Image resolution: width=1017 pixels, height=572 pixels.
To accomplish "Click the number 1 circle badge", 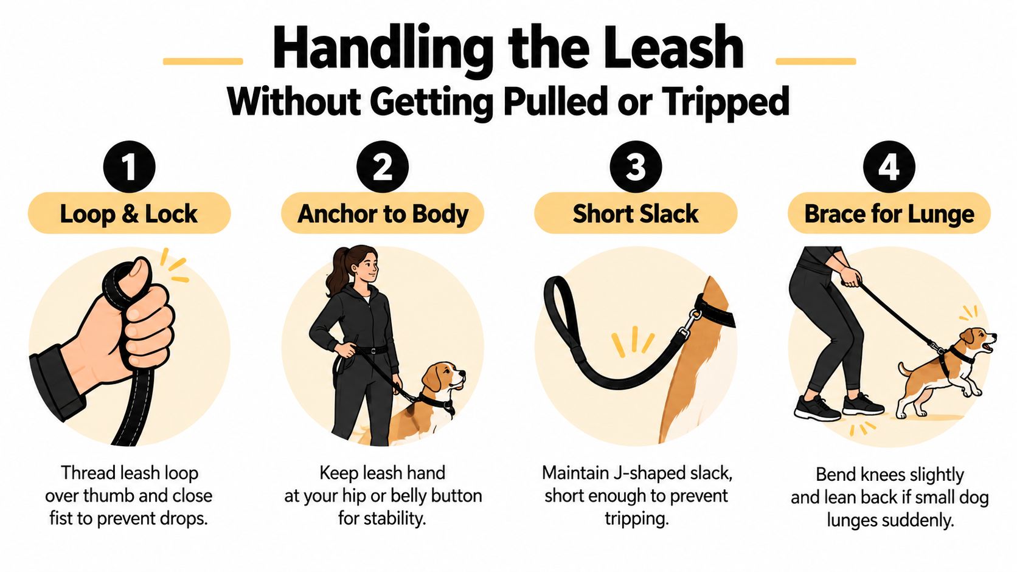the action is click(130, 167).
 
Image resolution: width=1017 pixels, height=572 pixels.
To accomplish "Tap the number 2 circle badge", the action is click(382, 167).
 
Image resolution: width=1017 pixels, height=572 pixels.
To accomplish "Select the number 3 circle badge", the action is click(636, 167).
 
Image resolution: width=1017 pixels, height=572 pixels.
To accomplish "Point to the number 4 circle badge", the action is click(889, 167).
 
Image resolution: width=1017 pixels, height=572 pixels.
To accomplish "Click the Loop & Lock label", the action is click(130, 213).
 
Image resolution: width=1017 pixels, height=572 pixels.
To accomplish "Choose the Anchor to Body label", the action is click(382, 213).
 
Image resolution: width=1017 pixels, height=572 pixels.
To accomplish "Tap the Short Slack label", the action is click(636, 213).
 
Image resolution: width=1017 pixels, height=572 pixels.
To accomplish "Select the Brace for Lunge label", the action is click(889, 213).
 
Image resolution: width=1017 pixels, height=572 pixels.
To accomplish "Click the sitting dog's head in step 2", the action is click(443, 378).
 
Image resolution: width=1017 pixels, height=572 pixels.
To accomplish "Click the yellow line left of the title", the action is click(203, 61).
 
